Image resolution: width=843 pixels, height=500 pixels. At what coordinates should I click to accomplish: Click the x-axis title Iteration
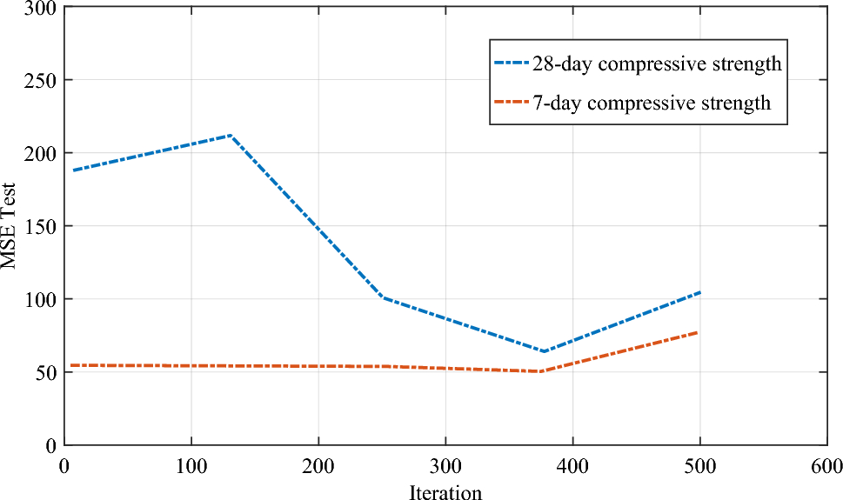tap(445, 492)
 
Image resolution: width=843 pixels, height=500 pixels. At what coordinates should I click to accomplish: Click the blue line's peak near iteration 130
tap(230, 135)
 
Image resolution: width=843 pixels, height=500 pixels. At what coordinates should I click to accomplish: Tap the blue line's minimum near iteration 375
tap(543, 351)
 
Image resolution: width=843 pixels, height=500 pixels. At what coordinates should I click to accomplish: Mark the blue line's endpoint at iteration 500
tap(699, 292)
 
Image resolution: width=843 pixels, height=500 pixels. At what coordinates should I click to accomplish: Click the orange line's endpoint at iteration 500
tap(698, 332)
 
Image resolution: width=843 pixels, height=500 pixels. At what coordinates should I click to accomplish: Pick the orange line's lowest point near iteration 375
tap(541, 371)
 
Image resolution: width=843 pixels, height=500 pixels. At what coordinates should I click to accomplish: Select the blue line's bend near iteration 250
tap(383, 297)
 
